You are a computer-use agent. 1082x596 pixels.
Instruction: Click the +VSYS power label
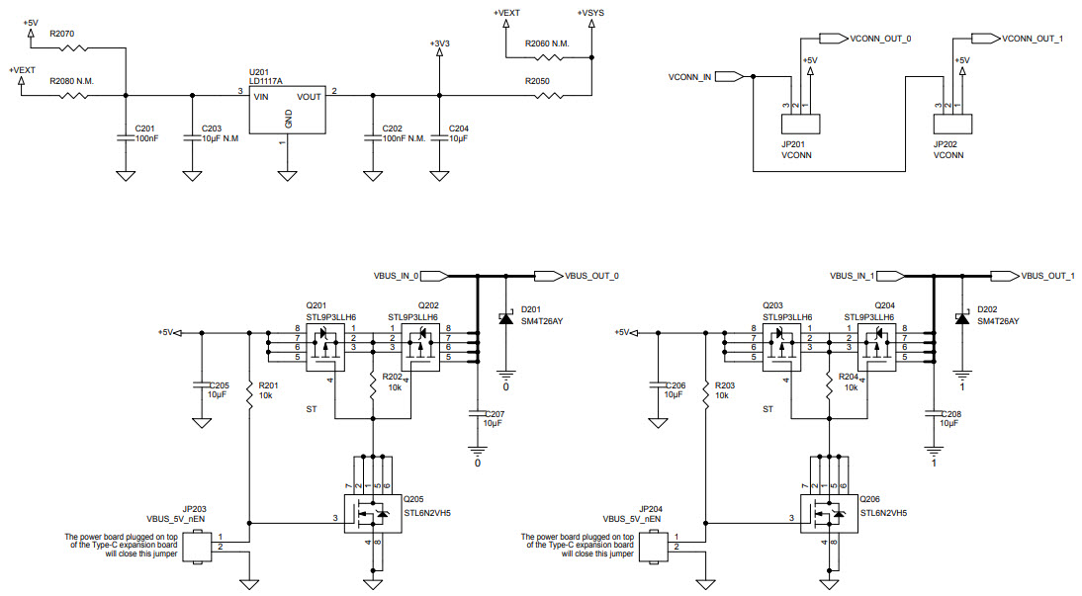tap(591, 12)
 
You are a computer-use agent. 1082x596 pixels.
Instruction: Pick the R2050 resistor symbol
tap(546, 96)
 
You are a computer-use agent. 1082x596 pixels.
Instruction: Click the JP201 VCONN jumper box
tap(801, 125)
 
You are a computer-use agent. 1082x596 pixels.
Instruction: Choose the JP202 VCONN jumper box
tap(952, 125)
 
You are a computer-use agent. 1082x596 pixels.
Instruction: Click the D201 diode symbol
tap(505, 318)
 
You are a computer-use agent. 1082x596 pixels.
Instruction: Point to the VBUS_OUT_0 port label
tap(590, 275)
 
